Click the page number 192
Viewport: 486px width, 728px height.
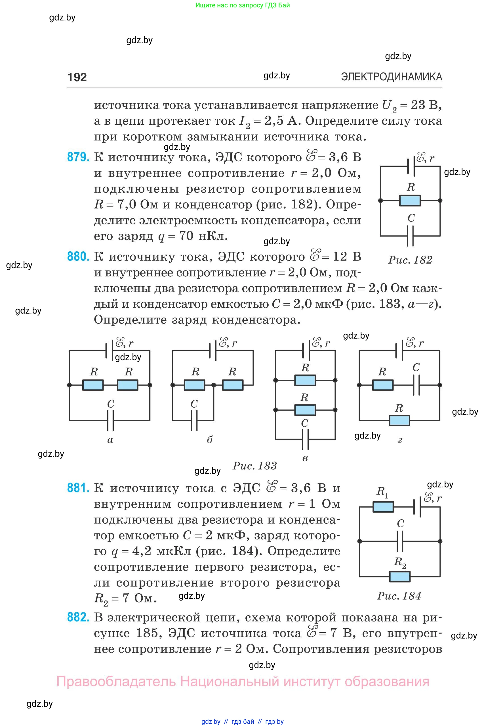coord(77,77)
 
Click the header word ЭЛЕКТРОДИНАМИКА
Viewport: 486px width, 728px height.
coord(392,77)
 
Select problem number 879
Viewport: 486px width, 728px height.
coord(78,157)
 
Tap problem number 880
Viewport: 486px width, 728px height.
coord(78,256)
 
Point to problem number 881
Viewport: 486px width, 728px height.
coord(78,488)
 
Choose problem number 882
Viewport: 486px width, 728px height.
coord(78,617)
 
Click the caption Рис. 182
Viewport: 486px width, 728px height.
coord(410,260)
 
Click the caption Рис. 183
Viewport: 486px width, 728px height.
coord(254,466)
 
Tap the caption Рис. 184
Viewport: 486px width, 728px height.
coord(399,596)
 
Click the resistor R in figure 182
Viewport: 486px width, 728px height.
coord(410,201)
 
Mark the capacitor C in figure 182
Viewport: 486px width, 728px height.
coord(410,236)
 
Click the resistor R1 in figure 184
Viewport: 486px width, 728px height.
coord(383,507)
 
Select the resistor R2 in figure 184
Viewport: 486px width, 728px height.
coord(399,577)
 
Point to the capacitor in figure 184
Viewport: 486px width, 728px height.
coord(400,541)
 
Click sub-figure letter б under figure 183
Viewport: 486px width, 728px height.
coord(210,440)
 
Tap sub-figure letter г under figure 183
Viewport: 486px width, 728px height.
coord(400,440)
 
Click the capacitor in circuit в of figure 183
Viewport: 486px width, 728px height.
coord(305,439)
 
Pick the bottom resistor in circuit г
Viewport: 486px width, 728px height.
coord(399,420)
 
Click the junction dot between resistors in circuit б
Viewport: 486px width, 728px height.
coord(214,385)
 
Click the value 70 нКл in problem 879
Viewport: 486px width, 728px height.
coord(201,236)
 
